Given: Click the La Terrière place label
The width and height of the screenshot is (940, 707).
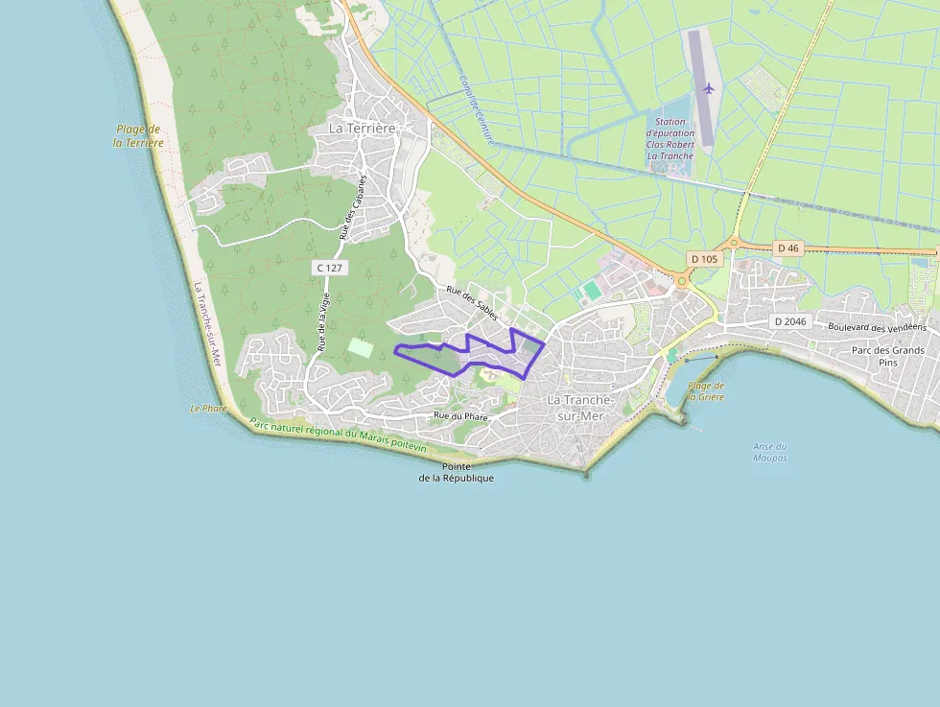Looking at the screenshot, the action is [363, 128].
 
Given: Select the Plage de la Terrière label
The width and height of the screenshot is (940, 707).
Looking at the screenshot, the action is [138, 135].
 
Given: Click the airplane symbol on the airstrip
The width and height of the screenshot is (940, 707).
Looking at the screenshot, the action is [709, 88].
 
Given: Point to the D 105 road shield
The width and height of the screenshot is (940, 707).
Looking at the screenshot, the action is [703, 259].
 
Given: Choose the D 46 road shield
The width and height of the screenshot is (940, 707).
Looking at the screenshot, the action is [787, 247].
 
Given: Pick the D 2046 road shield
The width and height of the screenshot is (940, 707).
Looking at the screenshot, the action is [789, 321].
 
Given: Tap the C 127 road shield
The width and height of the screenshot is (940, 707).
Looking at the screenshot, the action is [329, 268].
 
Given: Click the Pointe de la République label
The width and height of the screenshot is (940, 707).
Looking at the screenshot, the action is [457, 472].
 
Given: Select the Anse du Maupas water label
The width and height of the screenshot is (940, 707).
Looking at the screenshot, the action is [769, 452].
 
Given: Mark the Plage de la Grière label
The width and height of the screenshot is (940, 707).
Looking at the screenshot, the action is [706, 390].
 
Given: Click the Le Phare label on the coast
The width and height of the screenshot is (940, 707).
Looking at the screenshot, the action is [206, 409].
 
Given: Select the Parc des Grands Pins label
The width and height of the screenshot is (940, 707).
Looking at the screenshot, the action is [887, 356].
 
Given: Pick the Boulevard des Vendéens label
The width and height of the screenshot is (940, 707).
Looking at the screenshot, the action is [877, 327].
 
